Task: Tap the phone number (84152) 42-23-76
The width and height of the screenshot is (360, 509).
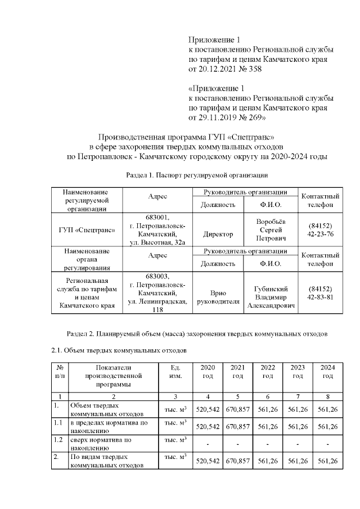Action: click(x=321, y=229)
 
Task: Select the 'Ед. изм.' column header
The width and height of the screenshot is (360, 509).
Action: click(x=175, y=371)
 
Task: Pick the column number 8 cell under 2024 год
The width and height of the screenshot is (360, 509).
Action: click(x=327, y=396)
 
